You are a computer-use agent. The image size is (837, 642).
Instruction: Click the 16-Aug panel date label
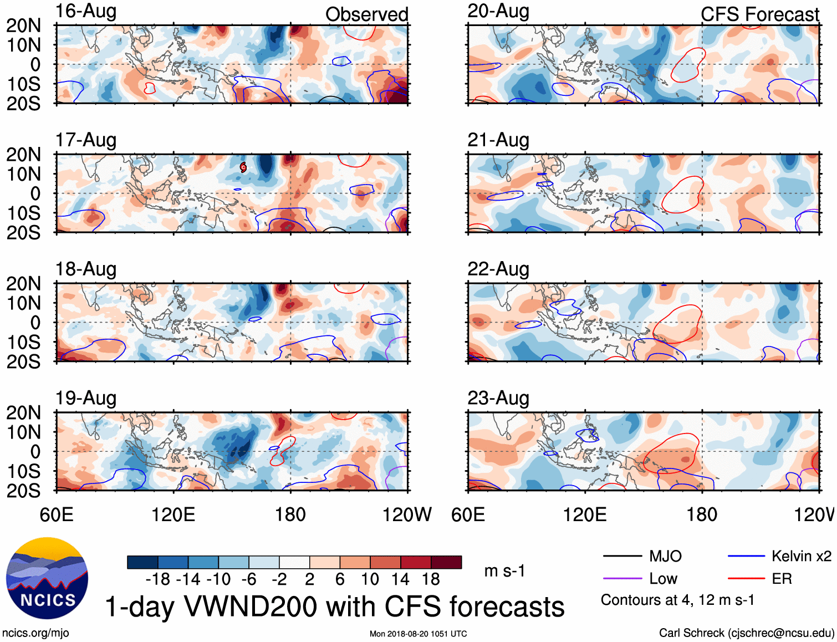(x=86, y=11)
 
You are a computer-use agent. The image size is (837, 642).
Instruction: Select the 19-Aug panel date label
(x=86, y=398)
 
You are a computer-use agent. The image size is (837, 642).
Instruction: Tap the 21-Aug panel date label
(x=498, y=140)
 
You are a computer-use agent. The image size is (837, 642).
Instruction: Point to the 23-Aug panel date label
(x=498, y=398)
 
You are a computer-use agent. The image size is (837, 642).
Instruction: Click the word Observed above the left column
(x=366, y=14)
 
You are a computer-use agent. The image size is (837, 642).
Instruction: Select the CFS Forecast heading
(x=759, y=14)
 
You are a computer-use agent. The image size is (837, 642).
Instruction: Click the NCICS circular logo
(x=47, y=578)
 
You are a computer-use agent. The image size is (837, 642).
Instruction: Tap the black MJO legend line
(x=622, y=556)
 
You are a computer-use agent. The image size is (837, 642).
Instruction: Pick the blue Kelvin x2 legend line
(x=746, y=556)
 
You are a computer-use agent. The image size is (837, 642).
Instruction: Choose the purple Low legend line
(x=622, y=579)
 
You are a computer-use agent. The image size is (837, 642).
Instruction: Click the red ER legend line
(x=746, y=579)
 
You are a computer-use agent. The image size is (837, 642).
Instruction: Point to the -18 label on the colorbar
(x=158, y=579)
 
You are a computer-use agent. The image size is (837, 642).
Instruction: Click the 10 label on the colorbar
(x=370, y=579)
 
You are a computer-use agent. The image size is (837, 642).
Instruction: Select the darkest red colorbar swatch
(x=446, y=562)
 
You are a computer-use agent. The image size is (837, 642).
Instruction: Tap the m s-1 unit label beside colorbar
(x=504, y=571)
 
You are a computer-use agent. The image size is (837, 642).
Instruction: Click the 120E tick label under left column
(x=173, y=514)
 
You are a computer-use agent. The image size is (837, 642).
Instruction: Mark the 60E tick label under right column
(x=468, y=514)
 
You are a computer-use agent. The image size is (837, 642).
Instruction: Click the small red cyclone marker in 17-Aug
(x=243, y=167)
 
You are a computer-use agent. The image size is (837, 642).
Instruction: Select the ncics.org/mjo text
(x=35, y=633)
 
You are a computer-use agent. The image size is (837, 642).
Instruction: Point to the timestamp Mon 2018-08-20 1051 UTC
(x=418, y=634)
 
